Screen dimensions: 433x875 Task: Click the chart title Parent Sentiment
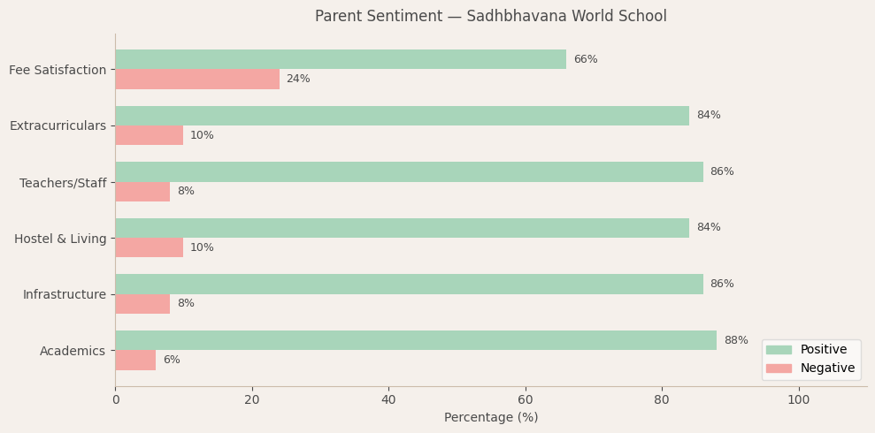pyautogui.click(x=490, y=17)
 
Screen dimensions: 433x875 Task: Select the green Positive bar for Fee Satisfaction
pyautogui.click(x=341, y=59)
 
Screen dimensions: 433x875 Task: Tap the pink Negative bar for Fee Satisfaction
pyautogui.click(x=197, y=80)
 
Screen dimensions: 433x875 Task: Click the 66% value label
pyautogui.click(x=585, y=59)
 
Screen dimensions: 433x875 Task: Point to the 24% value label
pyautogui.click(x=298, y=80)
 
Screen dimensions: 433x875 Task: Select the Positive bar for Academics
pyautogui.click(x=416, y=340)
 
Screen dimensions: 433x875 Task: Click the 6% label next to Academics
pyautogui.click(x=172, y=361)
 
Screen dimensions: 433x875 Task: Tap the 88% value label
pyautogui.click(x=735, y=340)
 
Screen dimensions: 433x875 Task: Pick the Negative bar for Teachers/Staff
pyautogui.click(x=142, y=192)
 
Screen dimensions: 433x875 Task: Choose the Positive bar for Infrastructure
pyautogui.click(x=409, y=284)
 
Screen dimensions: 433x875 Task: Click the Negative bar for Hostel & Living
pyautogui.click(x=150, y=247)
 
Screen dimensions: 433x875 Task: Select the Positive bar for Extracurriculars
pyautogui.click(x=402, y=116)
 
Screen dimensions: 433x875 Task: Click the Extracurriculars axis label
pyautogui.click(x=58, y=126)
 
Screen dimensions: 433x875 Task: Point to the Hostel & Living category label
pyautogui.click(x=60, y=239)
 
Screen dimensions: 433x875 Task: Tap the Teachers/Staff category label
pyautogui.click(x=63, y=183)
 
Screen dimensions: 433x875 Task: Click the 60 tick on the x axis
pyautogui.click(x=526, y=400)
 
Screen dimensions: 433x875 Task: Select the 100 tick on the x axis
pyautogui.click(x=798, y=400)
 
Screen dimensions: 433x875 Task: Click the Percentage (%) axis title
pyautogui.click(x=490, y=418)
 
